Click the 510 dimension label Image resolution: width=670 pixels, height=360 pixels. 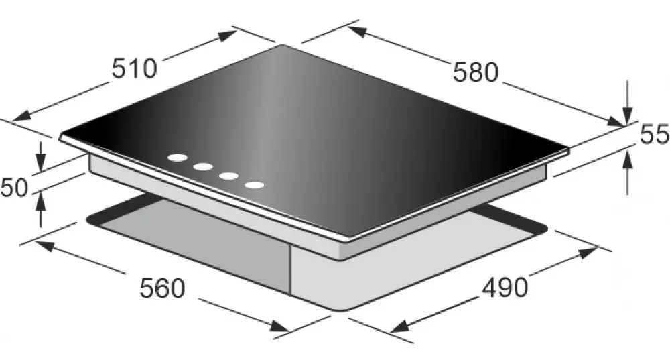(x=135, y=68)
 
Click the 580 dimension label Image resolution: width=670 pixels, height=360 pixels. (x=476, y=72)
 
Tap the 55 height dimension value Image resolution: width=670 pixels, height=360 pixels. (x=654, y=135)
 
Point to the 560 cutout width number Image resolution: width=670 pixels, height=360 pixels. (x=162, y=288)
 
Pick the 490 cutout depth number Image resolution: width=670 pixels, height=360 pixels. (x=505, y=288)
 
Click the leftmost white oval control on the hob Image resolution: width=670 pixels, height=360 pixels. (x=178, y=158)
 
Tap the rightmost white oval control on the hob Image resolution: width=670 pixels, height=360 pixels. (x=254, y=185)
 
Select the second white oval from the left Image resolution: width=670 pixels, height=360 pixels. (x=203, y=167)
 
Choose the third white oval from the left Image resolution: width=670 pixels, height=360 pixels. (x=228, y=176)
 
